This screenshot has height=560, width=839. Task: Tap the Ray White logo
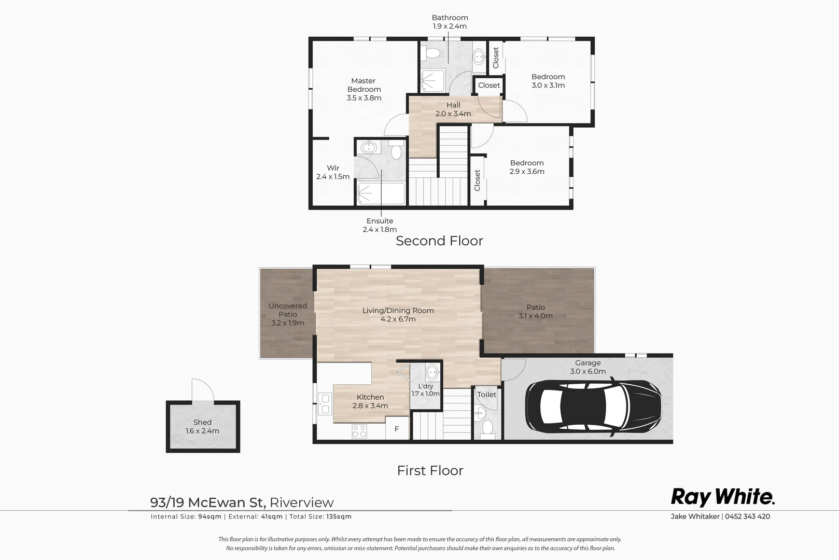pos(722,497)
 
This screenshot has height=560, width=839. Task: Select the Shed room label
pos(202,422)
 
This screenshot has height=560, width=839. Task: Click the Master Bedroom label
pos(363,85)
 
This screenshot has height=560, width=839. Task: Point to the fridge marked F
pos(397,429)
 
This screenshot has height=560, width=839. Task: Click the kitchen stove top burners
pos(359,431)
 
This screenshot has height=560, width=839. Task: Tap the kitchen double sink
pos(325,404)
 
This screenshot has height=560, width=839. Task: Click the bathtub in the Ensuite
pos(381,193)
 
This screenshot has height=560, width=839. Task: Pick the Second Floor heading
pos(439,241)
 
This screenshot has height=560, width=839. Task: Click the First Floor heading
pos(430,470)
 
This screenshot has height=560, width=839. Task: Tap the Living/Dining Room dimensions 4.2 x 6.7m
pos(398,319)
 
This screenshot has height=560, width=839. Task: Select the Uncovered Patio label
pos(288,310)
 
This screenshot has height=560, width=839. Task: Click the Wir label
pos(333,168)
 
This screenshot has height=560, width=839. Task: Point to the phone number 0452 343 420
pos(747,516)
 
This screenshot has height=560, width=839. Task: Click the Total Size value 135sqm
pos(339,516)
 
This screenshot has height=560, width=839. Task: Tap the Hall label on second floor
pos(453,105)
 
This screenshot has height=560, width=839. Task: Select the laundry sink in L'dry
pos(432,371)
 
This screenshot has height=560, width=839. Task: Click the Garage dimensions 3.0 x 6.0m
pos(588,371)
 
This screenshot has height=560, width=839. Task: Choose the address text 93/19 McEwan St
pos(208,502)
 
